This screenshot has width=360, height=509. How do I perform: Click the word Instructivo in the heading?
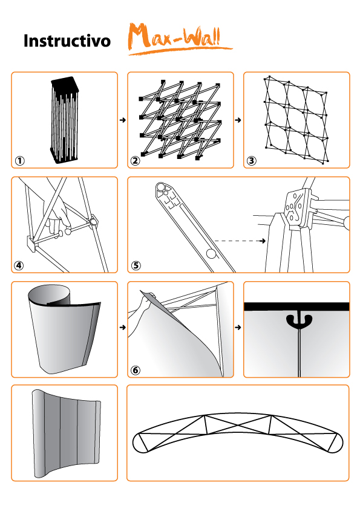[67, 41]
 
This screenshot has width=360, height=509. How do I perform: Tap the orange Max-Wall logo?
[180, 38]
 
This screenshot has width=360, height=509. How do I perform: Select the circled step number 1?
[20, 161]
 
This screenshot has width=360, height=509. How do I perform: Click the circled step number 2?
[136, 161]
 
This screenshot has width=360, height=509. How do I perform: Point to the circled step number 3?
[252, 161]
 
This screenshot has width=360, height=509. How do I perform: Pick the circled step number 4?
[19, 265]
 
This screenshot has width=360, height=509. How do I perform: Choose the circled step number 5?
[136, 265]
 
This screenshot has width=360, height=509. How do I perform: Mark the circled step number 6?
[136, 370]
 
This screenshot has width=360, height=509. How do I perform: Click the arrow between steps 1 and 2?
[122, 120]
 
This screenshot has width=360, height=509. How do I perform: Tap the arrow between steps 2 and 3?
[238, 120]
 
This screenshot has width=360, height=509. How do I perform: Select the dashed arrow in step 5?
[240, 241]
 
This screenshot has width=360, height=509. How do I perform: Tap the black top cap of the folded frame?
[65, 82]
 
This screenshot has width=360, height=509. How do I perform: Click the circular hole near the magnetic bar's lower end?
[211, 253]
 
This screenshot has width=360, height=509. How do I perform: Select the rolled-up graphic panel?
[64, 328]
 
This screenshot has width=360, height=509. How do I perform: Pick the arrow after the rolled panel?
[122, 327]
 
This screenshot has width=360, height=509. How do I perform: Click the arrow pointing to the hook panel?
[238, 327]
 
